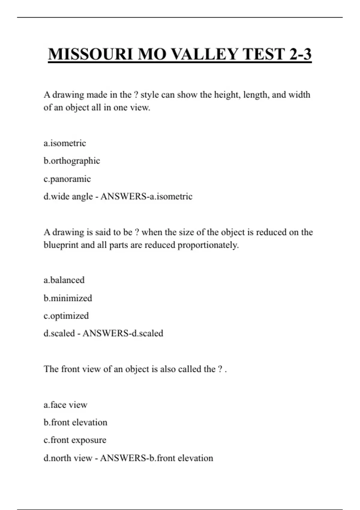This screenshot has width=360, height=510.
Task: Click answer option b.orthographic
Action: point(72,161)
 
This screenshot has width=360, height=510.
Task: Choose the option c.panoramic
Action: point(67,179)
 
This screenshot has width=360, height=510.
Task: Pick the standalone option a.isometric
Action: point(65,143)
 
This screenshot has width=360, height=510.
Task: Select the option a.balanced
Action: point(64,280)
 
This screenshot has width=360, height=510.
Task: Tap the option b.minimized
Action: point(68,298)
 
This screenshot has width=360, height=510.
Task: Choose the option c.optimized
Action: point(66,316)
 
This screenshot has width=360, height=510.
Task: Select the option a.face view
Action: point(65,405)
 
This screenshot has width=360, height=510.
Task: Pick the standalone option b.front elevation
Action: point(75,422)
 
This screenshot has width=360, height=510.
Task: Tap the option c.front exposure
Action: point(75,440)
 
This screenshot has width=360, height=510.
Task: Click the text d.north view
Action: point(68,458)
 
